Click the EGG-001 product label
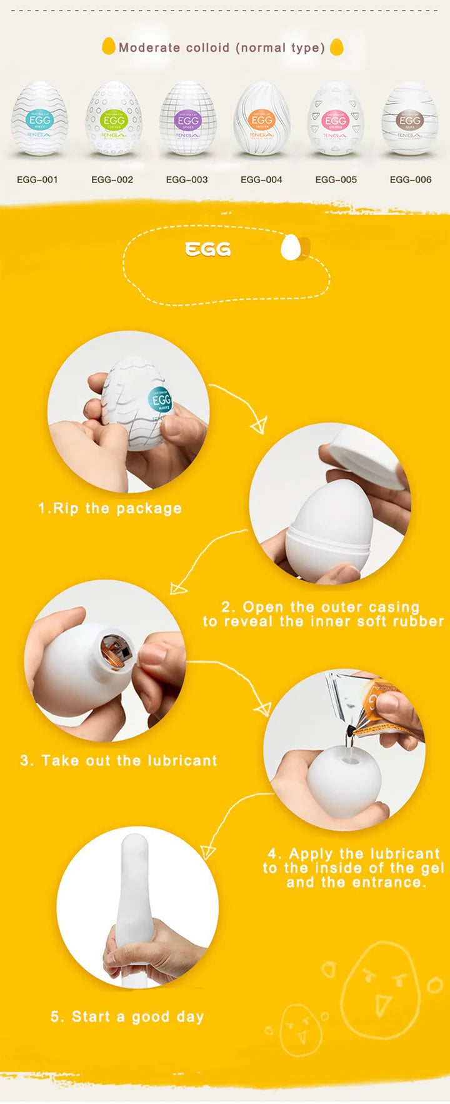[x=37, y=179]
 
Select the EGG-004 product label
[x=261, y=179]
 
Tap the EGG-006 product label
[x=411, y=179]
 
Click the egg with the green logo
[x=113, y=119]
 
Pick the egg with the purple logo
[x=187, y=119]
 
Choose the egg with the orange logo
[x=261, y=119]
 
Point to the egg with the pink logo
[x=336, y=119]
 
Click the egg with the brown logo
[x=410, y=119]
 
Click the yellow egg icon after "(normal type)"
[x=336, y=47]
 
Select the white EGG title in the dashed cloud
[x=208, y=249]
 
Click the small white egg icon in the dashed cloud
[x=291, y=247]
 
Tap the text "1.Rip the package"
[x=110, y=508]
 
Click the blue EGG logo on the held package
[x=161, y=400]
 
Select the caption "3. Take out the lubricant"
[x=119, y=761]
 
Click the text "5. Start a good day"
[x=127, y=1017]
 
